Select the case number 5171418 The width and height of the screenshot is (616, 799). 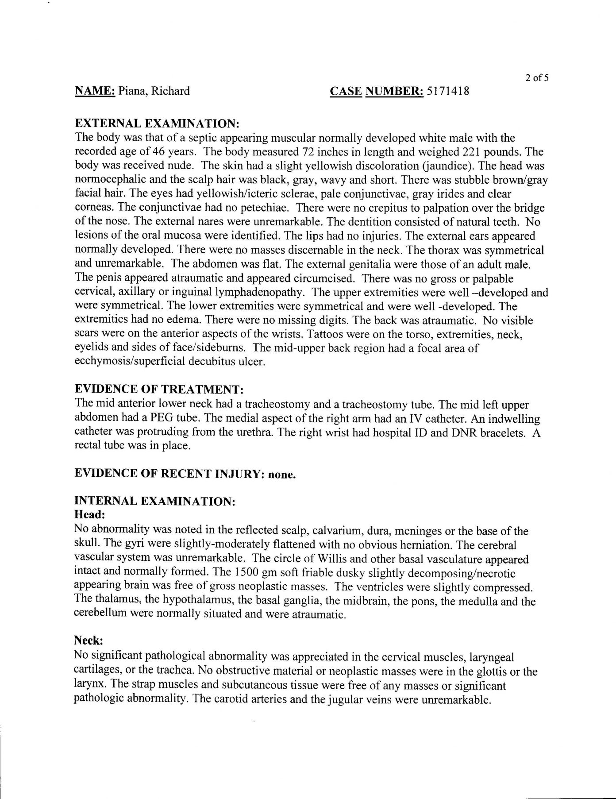tap(447, 91)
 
